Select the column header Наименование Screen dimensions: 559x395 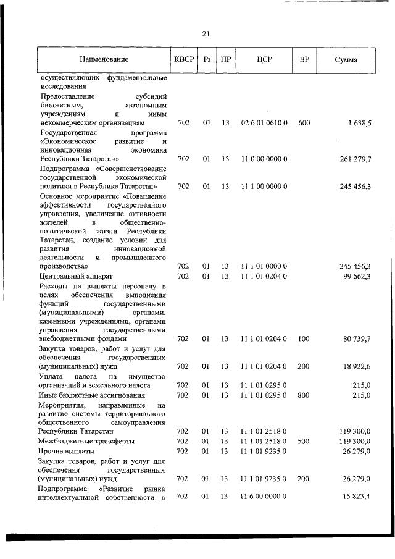click(104, 60)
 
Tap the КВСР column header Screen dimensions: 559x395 click(183, 60)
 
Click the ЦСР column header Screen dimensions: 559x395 click(264, 60)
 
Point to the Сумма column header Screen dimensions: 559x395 click(346, 60)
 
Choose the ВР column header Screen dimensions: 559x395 click(304, 60)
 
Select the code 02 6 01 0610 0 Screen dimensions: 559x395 click(264, 123)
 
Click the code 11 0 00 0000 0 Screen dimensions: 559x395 click(264, 159)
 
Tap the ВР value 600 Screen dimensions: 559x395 click(304, 123)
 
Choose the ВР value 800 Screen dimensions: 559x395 click(304, 395)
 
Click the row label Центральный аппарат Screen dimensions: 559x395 click(76, 275)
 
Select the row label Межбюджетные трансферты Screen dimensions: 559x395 click(86, 441)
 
